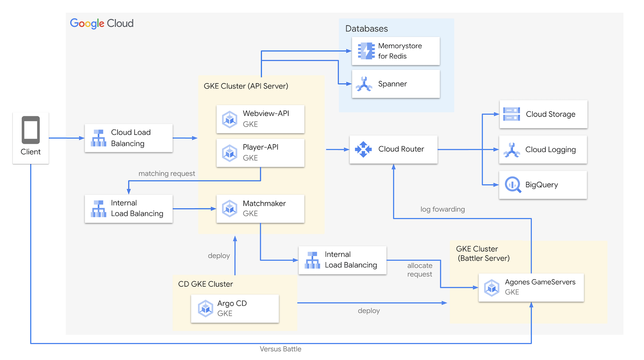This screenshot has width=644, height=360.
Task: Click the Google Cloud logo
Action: point(102,24)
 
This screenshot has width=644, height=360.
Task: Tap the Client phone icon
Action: point(30,130)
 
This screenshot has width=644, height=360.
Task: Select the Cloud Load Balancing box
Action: point(129,138)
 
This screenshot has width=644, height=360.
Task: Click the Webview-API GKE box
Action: point(260,119)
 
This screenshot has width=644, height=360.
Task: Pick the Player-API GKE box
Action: point(260,153)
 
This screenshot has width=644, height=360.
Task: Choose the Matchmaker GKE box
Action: point(260,209)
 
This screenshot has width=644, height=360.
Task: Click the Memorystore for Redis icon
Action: point(366,51)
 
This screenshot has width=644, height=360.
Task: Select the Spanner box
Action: point(395,84)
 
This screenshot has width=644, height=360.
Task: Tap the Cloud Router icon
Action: point(363,149)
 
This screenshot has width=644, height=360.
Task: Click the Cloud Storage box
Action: point(543,114)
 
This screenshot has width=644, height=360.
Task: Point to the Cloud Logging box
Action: point(543,150)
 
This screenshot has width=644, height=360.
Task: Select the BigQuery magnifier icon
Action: point(512,185)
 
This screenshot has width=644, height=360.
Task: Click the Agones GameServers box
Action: point(531,287)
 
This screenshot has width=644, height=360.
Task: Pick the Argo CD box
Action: point(235,309)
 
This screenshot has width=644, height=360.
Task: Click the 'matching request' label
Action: point(167,174)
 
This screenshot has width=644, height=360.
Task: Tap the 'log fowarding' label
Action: point(442,209)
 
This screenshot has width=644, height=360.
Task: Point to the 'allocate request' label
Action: point(419,270)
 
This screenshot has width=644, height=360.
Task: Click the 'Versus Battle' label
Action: point(280,349)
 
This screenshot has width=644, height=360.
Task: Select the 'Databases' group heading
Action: point(366,29)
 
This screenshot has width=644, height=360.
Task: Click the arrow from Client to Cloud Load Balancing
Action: point(67,138)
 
